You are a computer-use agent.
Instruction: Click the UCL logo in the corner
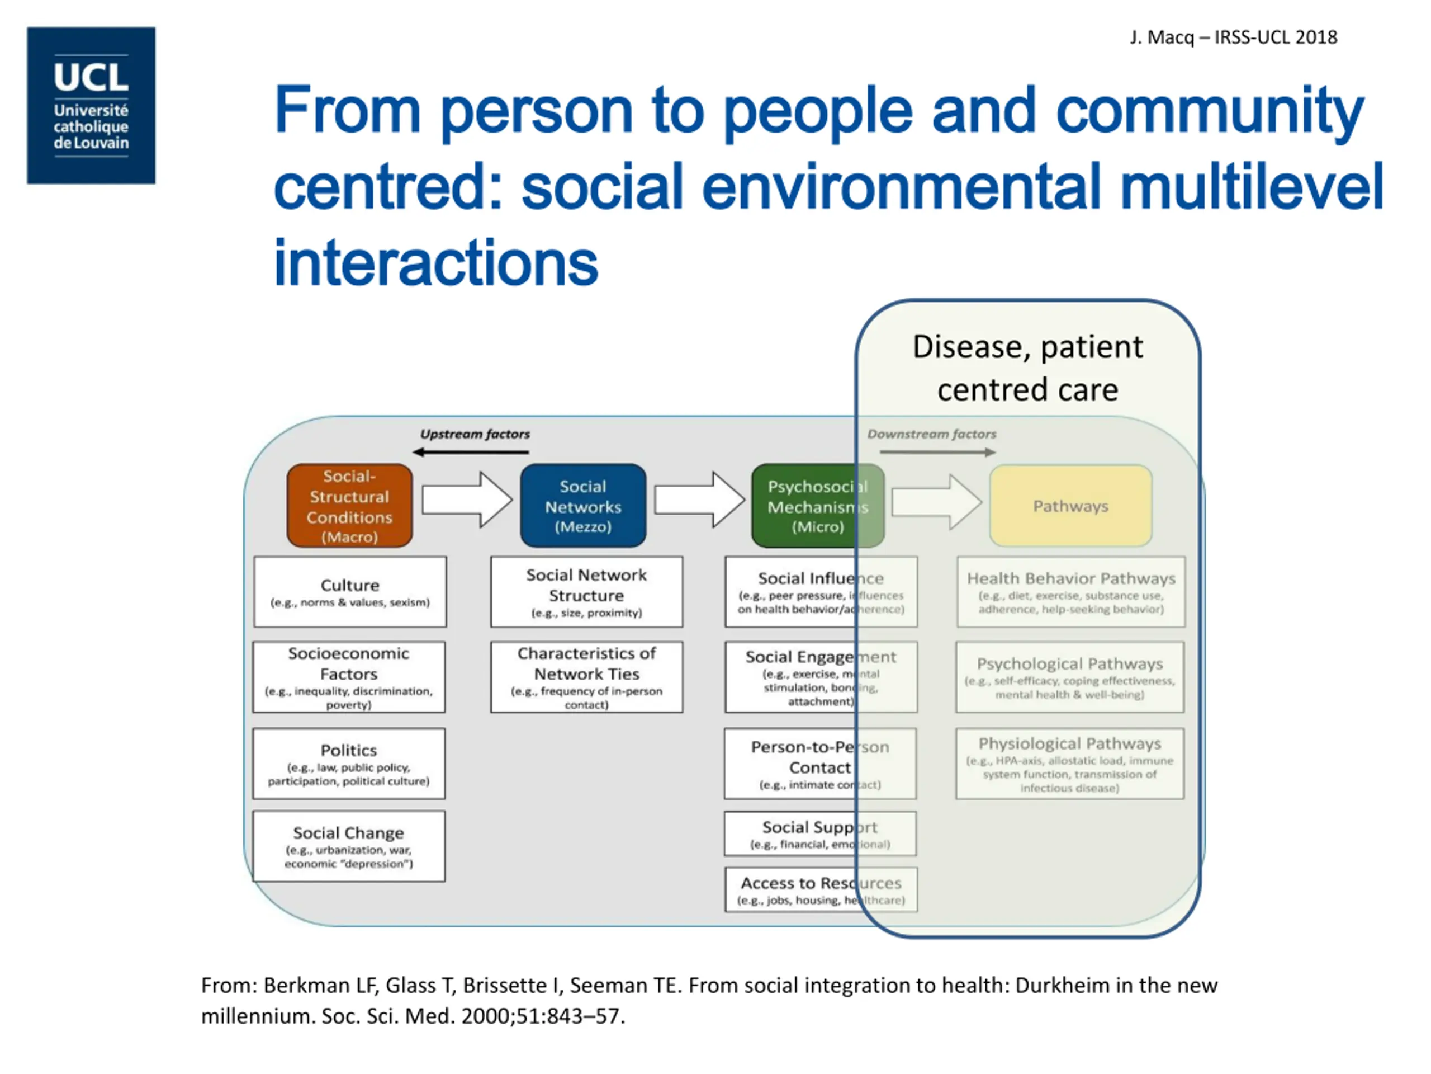pyautogui.click(x=91, y=106)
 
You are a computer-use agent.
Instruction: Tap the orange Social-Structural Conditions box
pyautogui.click(x=349, y=506)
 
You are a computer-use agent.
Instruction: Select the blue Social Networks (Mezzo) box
pyautogui.click(x=583, y=506)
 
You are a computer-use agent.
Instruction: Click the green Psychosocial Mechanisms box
pyautogui.click(x=817, y=506)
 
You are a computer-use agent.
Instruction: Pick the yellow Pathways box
pyautogui.click(x=1070, y=506)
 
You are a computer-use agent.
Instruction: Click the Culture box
pyautogui.click(x=349, y=592)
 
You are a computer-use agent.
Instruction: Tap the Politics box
pyautogui.click(x=349, y=763)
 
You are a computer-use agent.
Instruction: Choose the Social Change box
pyautogui.click(x=349, y=845)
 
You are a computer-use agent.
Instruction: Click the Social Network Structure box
pyautogui.click(x=586, y=592)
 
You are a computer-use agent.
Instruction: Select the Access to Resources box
pyautogui.click(x=820, y=889)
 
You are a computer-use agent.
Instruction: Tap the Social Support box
pyautogui.click(x=819, y=833)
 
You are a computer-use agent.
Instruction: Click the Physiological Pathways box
pyautogui.click(x=1069, y=763)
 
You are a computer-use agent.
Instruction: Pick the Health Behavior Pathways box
pyautogui.click(x=1070, y=592)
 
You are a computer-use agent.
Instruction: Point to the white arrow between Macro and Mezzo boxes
pyautogui.click(x=466, y=500)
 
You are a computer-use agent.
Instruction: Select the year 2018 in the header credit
pyautogui.click(x=1316, y=37)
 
